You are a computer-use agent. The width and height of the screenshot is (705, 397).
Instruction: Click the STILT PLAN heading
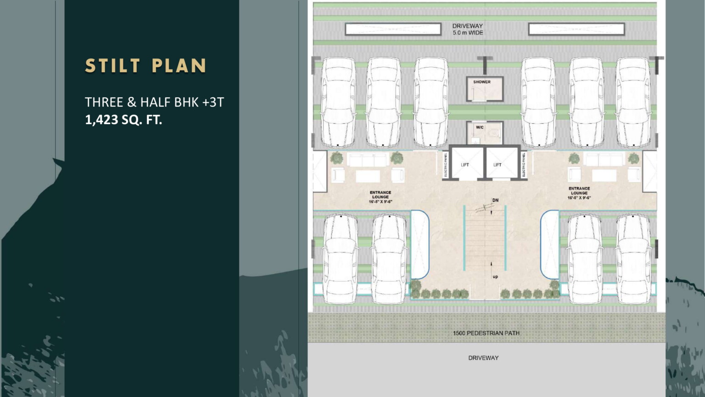tap(146, 66)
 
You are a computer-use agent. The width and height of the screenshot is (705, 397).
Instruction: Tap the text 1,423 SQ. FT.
tap(123, 120)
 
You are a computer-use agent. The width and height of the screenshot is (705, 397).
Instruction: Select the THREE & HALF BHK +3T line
tap(154, 102)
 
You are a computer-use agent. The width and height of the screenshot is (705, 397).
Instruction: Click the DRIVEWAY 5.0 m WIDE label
tap(468, 29)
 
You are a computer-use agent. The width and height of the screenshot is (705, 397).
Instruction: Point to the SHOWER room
tap(485, 89)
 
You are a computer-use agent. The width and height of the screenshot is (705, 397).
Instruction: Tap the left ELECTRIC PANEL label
tap(446, 165)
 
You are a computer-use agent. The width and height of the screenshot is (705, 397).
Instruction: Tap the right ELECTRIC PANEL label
tap(524, 165)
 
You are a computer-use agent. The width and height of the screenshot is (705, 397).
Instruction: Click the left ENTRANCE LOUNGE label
tap(380, 197)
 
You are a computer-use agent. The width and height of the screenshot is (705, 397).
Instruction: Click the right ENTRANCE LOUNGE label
tap(579, 193)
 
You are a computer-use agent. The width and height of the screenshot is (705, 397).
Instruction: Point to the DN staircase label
tap(495, 200)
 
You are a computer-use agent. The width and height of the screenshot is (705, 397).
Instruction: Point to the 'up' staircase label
tap(495, 277)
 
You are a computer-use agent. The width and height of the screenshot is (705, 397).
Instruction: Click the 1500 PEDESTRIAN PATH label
tap(486, 333)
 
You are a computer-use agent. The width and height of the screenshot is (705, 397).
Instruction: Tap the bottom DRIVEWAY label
tap(483, 358)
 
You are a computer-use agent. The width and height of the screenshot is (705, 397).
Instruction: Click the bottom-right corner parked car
tap(633, 258)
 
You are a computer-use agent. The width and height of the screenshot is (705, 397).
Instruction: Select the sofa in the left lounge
tap(368, 160)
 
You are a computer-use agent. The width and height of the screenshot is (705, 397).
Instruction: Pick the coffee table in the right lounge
tap(604, 176)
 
